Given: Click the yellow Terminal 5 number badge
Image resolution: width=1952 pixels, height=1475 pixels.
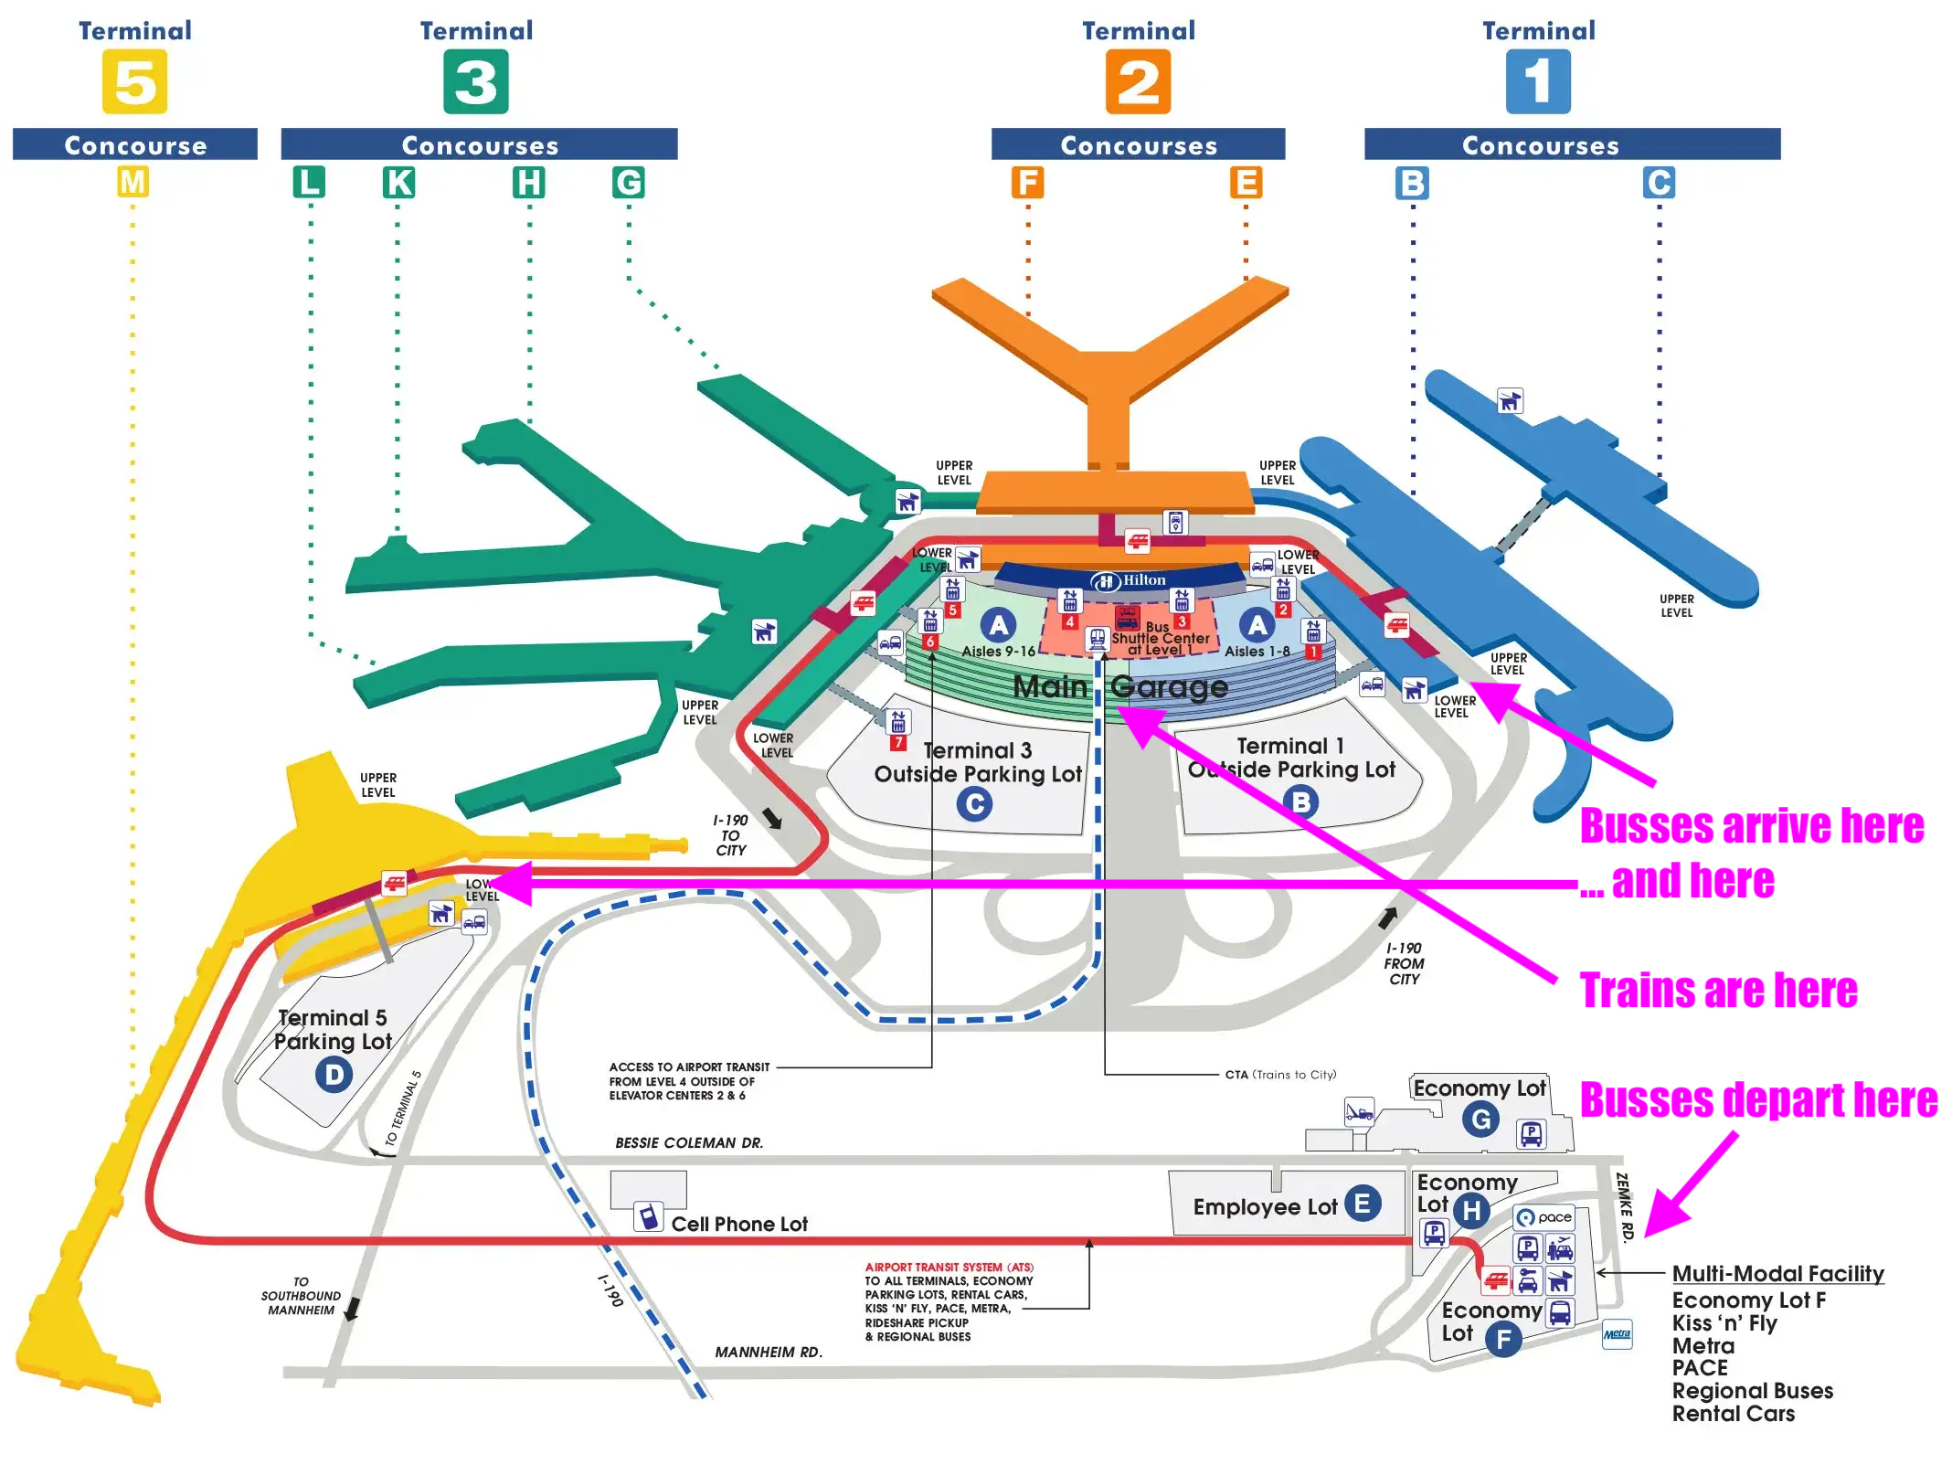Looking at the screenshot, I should [x=134, y=81].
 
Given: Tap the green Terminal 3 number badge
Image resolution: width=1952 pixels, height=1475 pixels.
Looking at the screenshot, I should [x=475, y=81].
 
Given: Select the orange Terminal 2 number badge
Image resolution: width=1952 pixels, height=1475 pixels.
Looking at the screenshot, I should [x=1138, y=81].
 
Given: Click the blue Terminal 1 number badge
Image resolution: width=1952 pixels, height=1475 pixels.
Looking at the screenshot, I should [x=1538, y=81].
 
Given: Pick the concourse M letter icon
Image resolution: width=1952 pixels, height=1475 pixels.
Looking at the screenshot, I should [x=133, y=182].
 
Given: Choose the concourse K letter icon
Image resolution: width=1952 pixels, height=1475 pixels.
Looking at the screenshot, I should [x=398, y=182].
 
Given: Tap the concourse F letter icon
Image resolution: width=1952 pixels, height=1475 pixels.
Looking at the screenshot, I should [x=1027, y=182].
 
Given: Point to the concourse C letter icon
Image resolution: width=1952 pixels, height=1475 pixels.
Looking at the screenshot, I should [x=1659, y=182].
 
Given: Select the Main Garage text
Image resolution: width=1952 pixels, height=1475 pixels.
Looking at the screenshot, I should [x=1120, y=686].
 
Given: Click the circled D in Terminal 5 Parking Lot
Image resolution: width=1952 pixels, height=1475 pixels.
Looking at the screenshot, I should [x=334, y=1074].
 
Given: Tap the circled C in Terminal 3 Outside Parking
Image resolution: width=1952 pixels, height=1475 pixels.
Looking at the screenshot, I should [x=974, y=804].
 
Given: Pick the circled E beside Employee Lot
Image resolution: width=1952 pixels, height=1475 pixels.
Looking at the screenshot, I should [x=1362, y=1204].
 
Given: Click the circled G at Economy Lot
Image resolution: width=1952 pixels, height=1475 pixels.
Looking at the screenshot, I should [x=1480, y=1119].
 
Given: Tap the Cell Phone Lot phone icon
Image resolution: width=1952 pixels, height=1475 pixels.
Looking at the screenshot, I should [x=648, y=1217].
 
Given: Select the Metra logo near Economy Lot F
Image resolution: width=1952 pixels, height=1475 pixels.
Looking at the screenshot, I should [x=1617, y=1335].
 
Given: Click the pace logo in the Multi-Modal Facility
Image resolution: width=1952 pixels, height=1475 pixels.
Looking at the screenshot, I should [x=1545, y=1217].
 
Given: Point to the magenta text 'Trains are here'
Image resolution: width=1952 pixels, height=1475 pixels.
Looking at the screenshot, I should [x=1718, y=991].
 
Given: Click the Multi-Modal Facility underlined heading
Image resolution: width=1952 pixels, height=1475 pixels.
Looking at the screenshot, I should [x=1777, y=1274].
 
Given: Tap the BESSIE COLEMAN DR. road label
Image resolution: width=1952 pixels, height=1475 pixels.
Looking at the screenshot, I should [x=689, y=1143].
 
